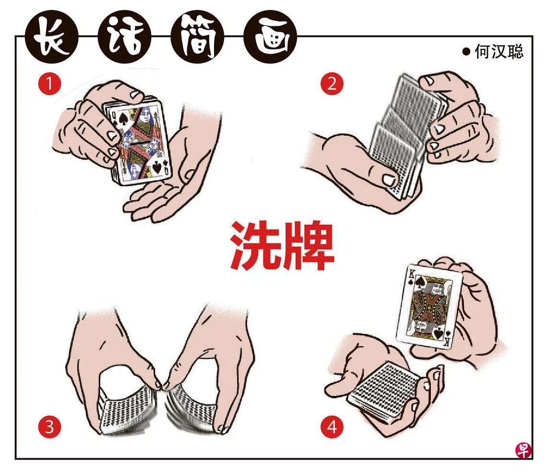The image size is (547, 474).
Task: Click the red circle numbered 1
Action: pos(49,84)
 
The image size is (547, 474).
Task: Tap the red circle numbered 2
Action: pos(332,84)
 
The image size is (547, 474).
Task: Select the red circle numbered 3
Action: pos(49,427)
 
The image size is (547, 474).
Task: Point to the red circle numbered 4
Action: pos(332,427)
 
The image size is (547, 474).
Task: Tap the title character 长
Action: pos(52,36)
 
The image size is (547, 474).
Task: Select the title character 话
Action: pos(125,36)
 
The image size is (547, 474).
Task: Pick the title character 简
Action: pos(198,36)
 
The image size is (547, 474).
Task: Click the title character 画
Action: pos(270,36)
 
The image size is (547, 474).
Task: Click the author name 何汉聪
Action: pos(499,52)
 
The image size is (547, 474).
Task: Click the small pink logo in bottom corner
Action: pos(523,451)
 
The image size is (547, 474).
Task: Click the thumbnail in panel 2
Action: pos(388,180)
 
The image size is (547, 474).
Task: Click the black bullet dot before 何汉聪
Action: pos(466,52)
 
